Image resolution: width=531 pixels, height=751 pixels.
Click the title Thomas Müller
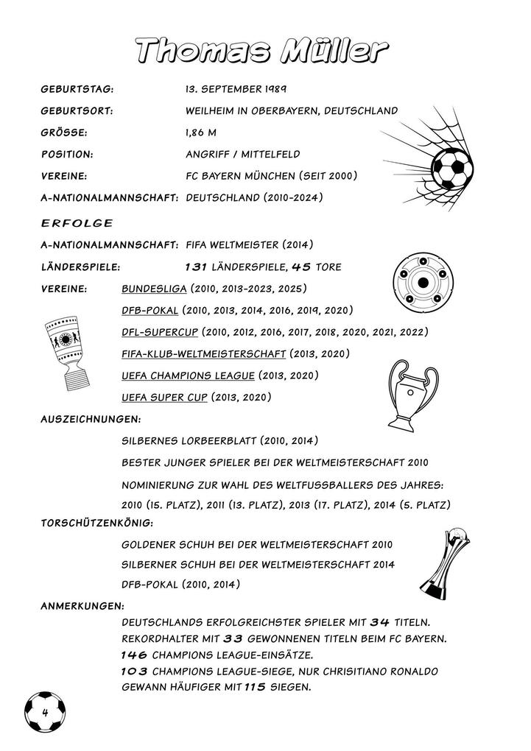point(264,51)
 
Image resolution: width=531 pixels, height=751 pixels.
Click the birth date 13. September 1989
point(236,89)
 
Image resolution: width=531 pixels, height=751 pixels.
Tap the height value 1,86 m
point(202,133)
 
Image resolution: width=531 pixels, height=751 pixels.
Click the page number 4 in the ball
point(45,713)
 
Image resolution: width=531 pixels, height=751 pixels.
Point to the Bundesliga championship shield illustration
point(421,284)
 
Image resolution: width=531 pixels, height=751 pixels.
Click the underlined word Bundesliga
point(155,288)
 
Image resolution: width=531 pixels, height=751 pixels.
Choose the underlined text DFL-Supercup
point(160,332)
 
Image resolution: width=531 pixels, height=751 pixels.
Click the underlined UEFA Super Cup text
point(165,398)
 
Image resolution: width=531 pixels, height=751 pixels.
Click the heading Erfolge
point(77,222)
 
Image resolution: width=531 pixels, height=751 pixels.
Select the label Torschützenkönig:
point(96,523)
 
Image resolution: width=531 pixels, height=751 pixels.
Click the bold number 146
point(136,655)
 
